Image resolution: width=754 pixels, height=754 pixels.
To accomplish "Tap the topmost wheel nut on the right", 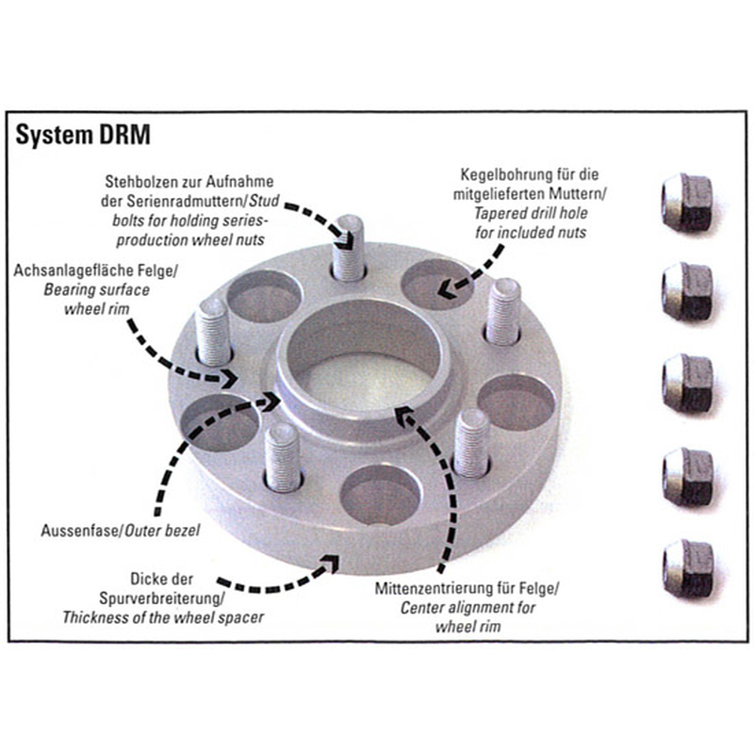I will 685,201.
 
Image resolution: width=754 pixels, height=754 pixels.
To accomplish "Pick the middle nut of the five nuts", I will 685,383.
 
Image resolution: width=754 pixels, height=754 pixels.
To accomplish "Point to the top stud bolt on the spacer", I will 349,247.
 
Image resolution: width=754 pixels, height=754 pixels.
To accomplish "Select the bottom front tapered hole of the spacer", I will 378,496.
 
